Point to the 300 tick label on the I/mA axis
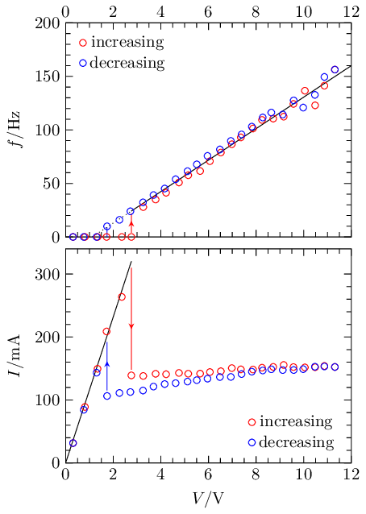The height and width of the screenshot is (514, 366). click(x=45, y=275)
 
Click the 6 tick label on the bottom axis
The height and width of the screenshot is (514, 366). click(x=208, y=476)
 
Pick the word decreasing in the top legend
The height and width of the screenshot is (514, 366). click(x=129, y=62)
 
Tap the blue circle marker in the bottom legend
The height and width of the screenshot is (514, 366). click(x=252, y=442)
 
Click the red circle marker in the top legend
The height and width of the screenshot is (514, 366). click(x=83, y=42)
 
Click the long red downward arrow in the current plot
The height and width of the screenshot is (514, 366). click(x=131, y=298)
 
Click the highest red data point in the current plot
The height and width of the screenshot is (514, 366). click(x=122, y=297)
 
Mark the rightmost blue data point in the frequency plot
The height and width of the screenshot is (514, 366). click(x=335, y=69)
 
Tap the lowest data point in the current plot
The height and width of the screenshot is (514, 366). click(x=73, y=443)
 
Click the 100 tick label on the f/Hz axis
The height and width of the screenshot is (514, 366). click(x=45, y=131)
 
